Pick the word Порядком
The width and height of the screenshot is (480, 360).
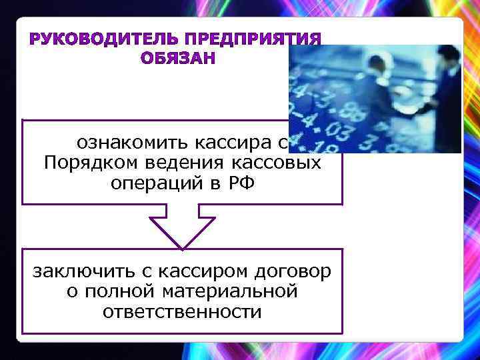89,163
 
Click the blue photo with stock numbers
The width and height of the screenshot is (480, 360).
375,99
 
